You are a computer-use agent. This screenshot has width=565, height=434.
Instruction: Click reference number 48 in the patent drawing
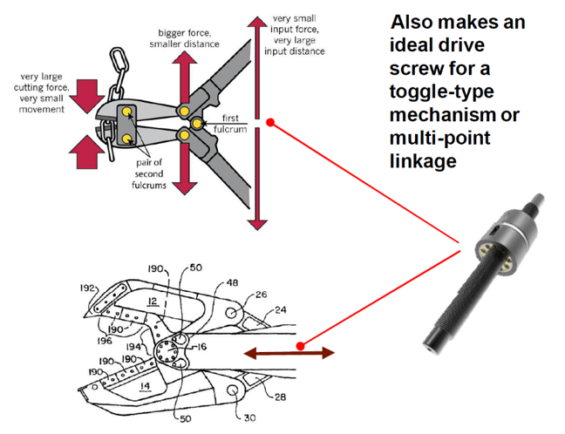point(232,283)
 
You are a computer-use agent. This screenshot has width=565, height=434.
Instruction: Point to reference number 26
point(262,295)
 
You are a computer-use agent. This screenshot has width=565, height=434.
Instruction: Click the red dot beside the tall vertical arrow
point(270,123)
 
